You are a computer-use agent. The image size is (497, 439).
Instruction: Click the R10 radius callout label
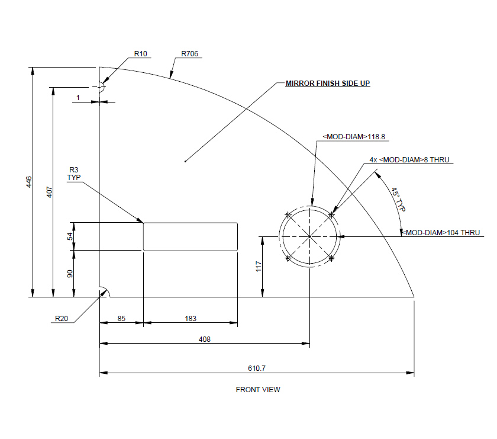click(x=140, y=54)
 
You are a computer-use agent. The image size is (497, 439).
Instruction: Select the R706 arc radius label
click(x=190, y=54)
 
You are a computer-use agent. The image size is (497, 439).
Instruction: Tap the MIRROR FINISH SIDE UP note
click(x=328, y=84)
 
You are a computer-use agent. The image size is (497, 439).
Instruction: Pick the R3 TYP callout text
click(x=74, y=174)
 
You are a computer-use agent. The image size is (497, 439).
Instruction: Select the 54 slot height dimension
click(x=70, y=236)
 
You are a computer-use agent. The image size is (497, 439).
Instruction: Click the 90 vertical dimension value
click(x=70, y=274)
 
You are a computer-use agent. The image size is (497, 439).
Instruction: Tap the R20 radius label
click(x=62, y=318)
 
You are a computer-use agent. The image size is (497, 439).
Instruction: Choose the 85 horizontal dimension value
click(x=121, y=319)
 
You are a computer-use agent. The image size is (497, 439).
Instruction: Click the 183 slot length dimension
click(x=191, y=319)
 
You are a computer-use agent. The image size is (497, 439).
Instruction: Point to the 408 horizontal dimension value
click(x=205, y=339)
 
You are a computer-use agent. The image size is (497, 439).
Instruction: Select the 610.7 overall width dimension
click(x=256, y=368)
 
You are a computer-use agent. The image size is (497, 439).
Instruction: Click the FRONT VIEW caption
click(x=258, y=390)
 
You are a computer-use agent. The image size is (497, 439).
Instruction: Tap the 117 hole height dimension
click(x=258, y=267)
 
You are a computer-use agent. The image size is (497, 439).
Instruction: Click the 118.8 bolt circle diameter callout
click(x=354, y=137)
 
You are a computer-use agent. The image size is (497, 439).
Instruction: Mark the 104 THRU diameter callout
click(x=441, y=233)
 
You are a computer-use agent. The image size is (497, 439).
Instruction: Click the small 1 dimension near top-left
click(x=78, y=96)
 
